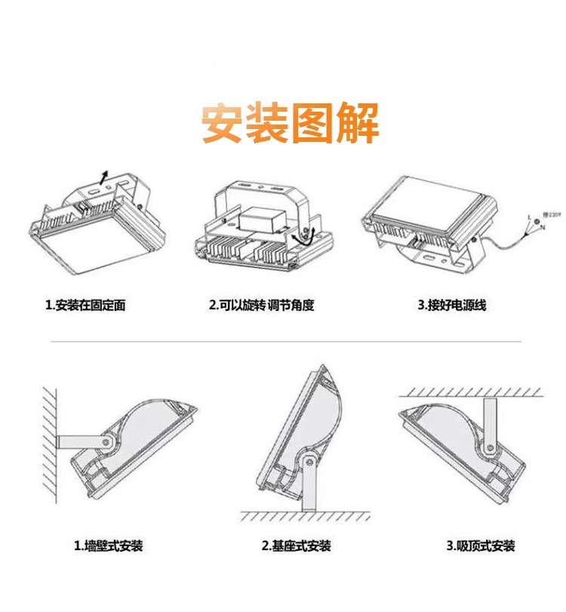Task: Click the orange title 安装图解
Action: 290,123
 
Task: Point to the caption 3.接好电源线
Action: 452,306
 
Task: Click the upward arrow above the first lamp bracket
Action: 106,177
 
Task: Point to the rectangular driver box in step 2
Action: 262,219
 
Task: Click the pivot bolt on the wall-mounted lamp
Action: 106,442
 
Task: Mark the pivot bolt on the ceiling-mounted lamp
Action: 491,449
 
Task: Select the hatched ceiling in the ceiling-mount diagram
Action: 472,392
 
